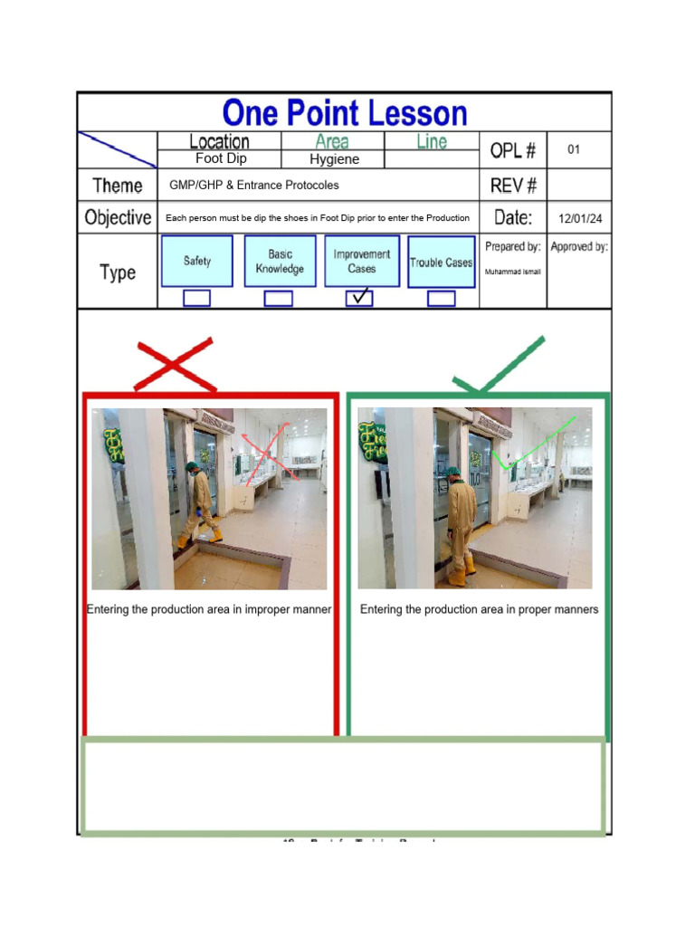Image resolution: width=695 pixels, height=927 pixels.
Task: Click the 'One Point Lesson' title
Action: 345,113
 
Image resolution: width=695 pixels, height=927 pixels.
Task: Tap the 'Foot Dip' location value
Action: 221,158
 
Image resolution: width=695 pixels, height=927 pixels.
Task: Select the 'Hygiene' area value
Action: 334,159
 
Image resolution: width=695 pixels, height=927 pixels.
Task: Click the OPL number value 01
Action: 574,149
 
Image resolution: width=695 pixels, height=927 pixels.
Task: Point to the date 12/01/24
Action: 580,218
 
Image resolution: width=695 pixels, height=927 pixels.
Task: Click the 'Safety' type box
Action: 197,261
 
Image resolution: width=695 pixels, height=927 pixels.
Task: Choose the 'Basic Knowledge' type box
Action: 280,262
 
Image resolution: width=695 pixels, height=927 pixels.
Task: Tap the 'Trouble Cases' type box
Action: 441,263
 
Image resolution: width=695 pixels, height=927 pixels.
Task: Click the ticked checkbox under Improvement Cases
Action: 359,297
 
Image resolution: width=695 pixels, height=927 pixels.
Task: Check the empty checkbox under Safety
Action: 196,298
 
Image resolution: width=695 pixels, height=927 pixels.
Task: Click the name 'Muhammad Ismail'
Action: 513,272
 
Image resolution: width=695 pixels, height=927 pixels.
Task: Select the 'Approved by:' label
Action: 579,246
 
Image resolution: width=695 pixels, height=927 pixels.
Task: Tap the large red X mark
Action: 175,365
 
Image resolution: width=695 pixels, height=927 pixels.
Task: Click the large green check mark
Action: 500,367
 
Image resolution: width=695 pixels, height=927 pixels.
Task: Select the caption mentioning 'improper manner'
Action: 209,609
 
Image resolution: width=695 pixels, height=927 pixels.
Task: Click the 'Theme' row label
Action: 118,186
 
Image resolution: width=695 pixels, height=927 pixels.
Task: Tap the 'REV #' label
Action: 514,186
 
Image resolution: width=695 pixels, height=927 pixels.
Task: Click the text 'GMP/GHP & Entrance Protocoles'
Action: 254,186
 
